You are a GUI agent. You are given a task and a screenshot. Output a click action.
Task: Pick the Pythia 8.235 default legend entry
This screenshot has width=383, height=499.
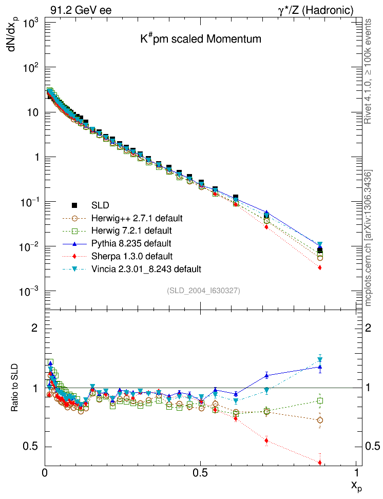click(131, 243)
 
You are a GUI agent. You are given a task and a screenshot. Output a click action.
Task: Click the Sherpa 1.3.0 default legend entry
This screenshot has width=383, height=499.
click(132, 256)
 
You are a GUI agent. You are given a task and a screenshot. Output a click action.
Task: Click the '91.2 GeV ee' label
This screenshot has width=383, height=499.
click(81, 10)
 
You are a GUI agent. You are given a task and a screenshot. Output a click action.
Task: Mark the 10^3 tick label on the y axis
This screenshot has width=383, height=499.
click(31, 23)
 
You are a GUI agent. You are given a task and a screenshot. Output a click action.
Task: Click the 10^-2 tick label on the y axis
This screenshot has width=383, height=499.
click(30, 247)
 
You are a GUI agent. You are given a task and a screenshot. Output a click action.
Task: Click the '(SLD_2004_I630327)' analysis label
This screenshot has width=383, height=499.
click(203, 291)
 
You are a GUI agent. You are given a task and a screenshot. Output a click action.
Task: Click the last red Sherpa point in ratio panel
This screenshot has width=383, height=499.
click(320, 463)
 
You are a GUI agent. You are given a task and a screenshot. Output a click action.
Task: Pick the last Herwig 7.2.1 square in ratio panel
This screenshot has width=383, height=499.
click(320, 400)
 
